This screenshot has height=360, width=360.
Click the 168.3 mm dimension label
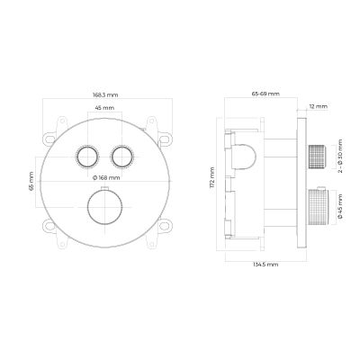coord(104,94)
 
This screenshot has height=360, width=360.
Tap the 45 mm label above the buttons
coord(104,107)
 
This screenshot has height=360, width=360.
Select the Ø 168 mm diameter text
coord(106,178)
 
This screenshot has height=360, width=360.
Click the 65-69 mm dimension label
coord(265,94)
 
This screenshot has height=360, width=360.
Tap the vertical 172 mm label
coord(212,177)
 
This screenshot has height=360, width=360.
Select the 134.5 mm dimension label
coord(265,265)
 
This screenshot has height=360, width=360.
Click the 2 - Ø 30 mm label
coord(340,156)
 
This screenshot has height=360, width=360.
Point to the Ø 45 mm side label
coord(340,206)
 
